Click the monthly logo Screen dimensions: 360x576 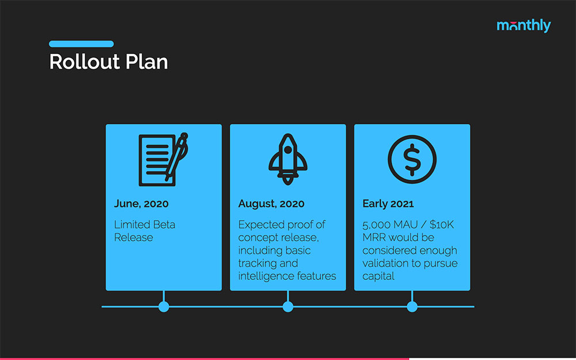point(523,26)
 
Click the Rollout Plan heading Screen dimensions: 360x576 point(108,62)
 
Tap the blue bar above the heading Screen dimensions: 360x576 point(81,44)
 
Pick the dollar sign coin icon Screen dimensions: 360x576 point(412,158)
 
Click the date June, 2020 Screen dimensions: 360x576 point(141,204)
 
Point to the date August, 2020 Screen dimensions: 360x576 point(271,204)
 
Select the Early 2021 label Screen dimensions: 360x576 point(388,204)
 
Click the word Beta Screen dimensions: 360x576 point(162,225)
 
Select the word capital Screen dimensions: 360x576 point(378,276)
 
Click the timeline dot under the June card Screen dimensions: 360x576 point(164,306)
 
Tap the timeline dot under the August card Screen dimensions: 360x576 point(288,306)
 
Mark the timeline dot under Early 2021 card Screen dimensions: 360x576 point(412,306)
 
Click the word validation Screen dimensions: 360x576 point(385,263)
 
